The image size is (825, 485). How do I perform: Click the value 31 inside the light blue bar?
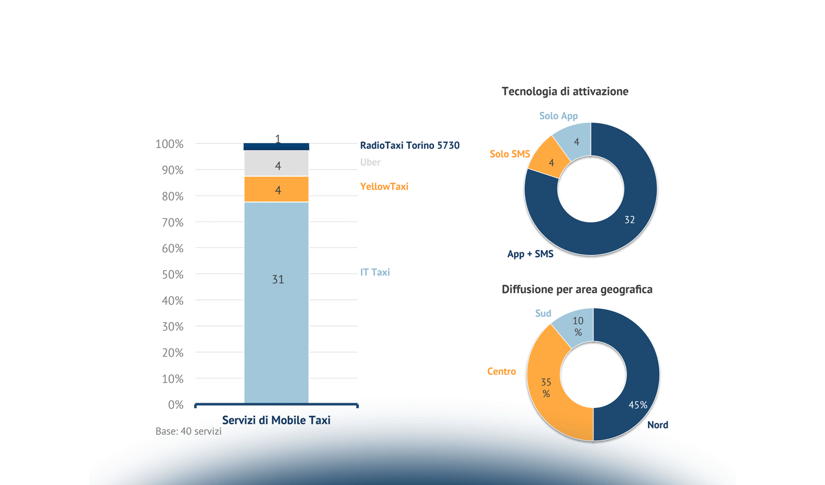tap(278, 279)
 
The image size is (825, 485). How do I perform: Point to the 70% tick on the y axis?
tap(173, 222)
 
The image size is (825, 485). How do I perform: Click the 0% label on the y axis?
tap(176, 405)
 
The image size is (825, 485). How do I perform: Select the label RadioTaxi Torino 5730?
tap(410, 145)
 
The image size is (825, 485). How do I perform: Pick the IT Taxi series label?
tap(375, 272)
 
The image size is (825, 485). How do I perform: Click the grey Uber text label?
tap(370, 162)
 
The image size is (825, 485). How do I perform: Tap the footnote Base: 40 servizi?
tap(188, 431)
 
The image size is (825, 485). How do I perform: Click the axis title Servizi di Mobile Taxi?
tap(276, 420)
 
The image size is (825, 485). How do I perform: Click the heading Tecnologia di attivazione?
tap(565, 91)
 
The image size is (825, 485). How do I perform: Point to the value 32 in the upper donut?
tap(629, 220)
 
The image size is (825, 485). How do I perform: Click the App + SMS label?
tap(530, 254)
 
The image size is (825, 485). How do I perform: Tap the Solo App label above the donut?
tap(558, 116)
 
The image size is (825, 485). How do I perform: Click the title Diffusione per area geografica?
tap(577, 289)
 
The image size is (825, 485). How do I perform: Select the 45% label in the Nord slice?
tap(638, 405)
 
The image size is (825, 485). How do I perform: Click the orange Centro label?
tap(501, 371)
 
